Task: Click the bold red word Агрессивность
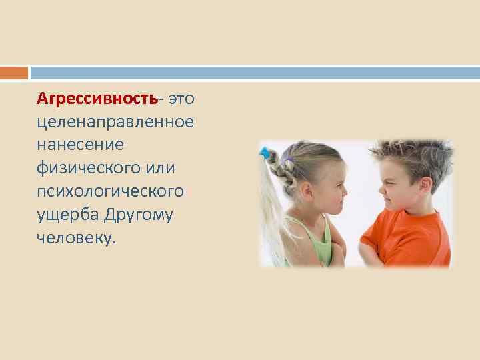(x=98, y=99)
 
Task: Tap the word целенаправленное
(x=116, y=122)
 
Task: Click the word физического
(x=90, y=168)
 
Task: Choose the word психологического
(x=111, y=191)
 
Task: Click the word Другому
(x=141, y=215)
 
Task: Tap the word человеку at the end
(x=75, y=238)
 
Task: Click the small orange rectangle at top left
(x=14, y=72)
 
